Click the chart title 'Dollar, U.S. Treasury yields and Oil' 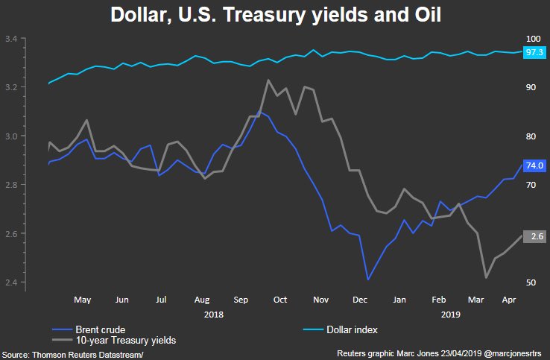click(275, 15)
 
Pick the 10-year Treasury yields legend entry click(126, 340)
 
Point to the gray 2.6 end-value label click(536, 236)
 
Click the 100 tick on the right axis click(532, 39)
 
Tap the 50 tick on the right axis click(530, 282)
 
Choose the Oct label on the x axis click(280, 300)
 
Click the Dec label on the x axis click(360, 300)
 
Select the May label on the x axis click(82, 300)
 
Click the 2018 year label click(214, 315)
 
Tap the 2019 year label click(450, 315)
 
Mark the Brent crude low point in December click(368, 280)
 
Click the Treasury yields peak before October click(268, 80)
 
